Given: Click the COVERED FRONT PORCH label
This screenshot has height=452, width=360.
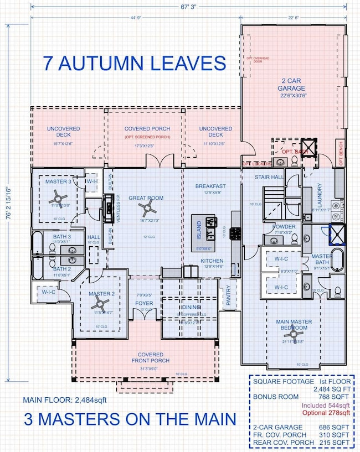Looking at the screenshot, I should tap(150, 357).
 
